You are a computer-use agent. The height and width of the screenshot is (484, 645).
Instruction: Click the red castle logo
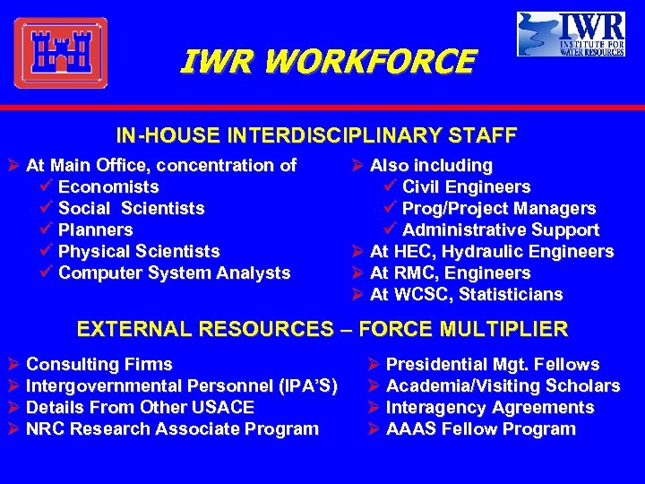point(60,53)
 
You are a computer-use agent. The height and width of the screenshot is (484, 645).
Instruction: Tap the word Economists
point(108,186)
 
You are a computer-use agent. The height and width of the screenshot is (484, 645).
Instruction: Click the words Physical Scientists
point(139,251)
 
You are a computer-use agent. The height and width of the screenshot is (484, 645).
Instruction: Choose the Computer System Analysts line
point(174,272)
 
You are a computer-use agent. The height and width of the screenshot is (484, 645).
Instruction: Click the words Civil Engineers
point(466,186)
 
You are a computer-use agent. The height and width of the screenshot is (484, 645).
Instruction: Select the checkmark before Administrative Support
point(391,229)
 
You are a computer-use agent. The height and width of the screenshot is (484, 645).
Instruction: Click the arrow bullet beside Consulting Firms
point(13,364)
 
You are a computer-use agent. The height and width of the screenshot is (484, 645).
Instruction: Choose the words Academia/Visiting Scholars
point(503,385)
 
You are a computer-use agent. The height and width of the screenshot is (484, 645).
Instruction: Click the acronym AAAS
point(409,428)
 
